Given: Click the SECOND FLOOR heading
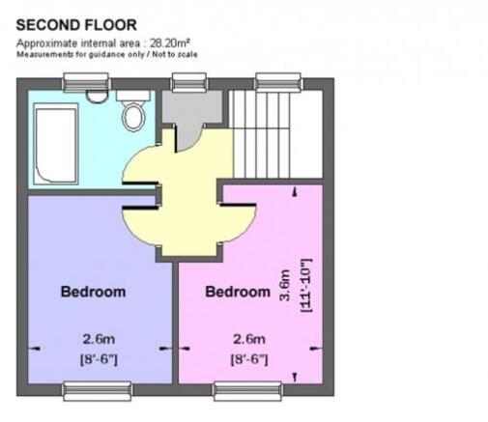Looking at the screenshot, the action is pos(76,25).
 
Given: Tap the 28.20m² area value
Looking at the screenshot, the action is pos(170,42).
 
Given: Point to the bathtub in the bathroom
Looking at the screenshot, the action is pos(56,144).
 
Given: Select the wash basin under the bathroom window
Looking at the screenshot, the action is pos(94,96).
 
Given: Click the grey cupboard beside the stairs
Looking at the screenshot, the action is pos(191,109).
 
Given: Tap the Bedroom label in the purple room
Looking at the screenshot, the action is pos(93,292).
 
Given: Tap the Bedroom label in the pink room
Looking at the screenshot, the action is pos(238,292).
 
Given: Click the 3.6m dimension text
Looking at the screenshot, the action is pos(285,286).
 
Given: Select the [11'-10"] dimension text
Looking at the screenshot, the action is pos(306,285).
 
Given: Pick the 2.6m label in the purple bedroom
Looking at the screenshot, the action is pos(99,339).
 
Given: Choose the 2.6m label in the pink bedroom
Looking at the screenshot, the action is pos(249,339).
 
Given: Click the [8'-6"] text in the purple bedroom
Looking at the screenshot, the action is pos(99,359).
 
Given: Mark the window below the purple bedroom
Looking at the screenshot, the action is pos(98,391).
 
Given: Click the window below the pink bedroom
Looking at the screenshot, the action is pos(248,391).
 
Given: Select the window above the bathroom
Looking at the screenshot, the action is pos(86,82).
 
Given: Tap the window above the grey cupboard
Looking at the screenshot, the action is pos(189,82).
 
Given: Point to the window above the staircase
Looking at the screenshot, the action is pos(278,82).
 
